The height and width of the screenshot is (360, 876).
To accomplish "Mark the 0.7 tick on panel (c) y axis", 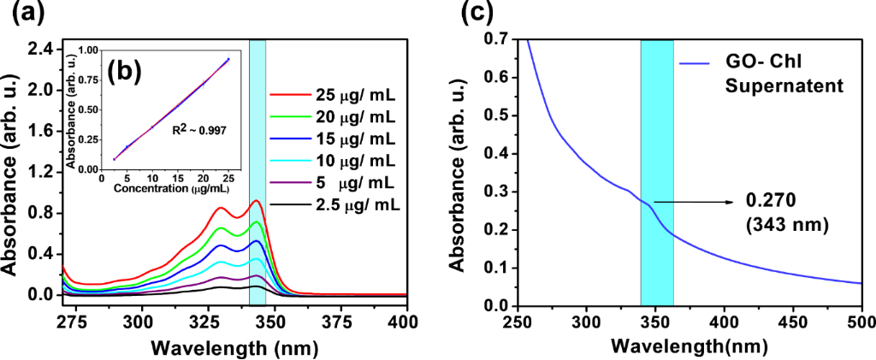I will click(495, 39).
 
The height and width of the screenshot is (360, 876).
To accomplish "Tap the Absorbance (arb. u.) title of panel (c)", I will click(459, 173).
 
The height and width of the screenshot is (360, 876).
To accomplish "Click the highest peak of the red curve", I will click(256, 201).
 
